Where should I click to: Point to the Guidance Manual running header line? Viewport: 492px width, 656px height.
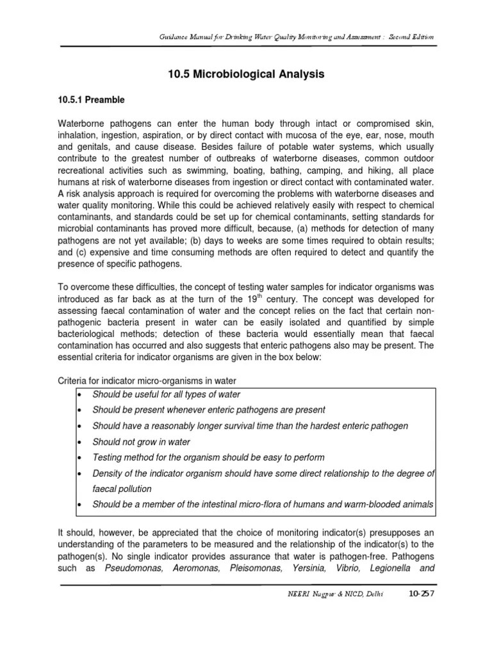297,37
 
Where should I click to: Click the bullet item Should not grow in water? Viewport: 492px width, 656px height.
141,442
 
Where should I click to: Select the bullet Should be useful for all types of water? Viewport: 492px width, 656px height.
167,394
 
